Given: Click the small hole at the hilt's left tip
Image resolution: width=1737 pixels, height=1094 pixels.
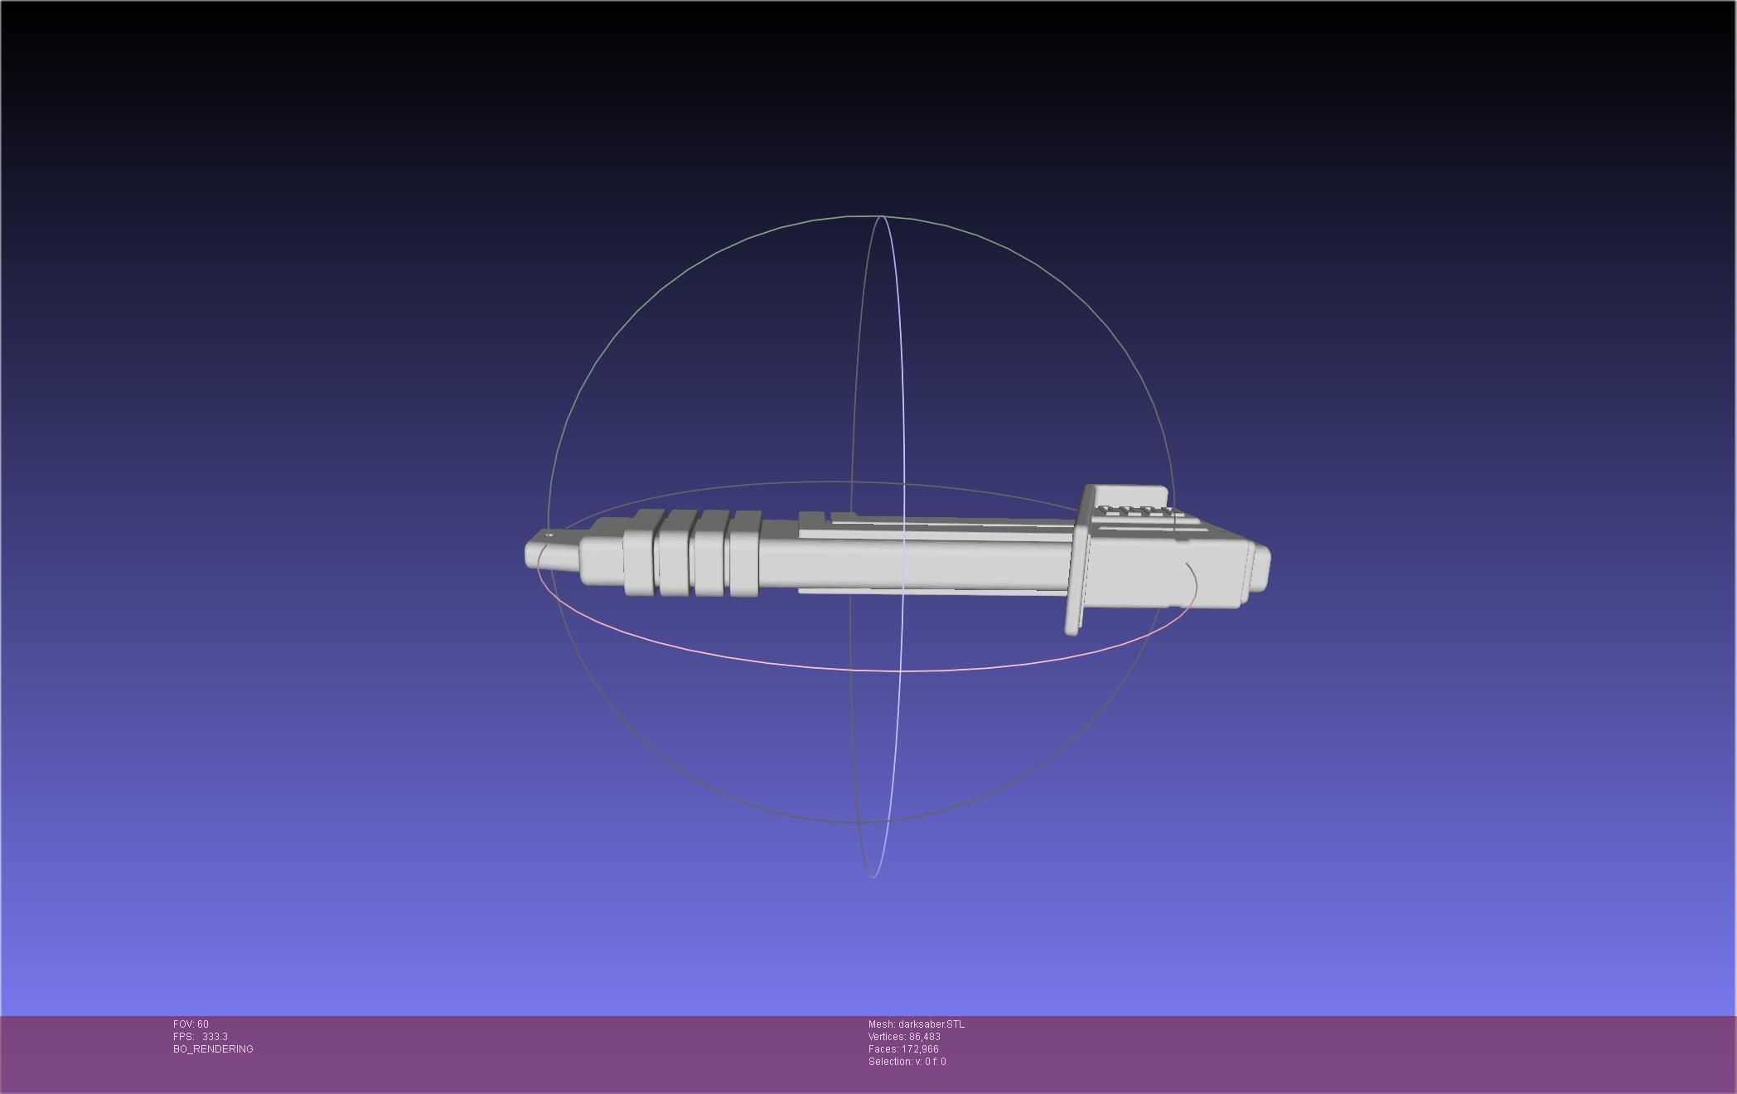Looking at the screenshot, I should tap(549, 536).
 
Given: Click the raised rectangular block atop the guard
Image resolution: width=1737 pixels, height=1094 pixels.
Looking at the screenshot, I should tap(1131, 496).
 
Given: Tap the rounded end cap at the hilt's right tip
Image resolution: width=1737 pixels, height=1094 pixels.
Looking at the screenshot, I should tap(1260, 568).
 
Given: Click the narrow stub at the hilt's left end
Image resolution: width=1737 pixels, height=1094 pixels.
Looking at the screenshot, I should tap(551, 554).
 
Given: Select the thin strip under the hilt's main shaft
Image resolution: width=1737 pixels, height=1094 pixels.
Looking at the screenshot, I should tap(928, 591).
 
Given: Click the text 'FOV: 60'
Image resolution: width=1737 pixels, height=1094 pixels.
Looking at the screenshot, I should tap(191, 1024).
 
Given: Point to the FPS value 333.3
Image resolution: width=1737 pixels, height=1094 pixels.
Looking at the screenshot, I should tap(215, 1037).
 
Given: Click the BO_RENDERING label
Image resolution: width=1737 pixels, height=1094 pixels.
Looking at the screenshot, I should tap(213, 1049).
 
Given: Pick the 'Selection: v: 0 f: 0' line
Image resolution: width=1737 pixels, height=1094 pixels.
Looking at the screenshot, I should tap(907, 1062).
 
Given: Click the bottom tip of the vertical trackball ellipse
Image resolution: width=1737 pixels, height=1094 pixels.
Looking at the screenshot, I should tap(873, 876).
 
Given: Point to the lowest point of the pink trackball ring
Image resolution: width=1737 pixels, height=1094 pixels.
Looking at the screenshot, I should tap(899, 670).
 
